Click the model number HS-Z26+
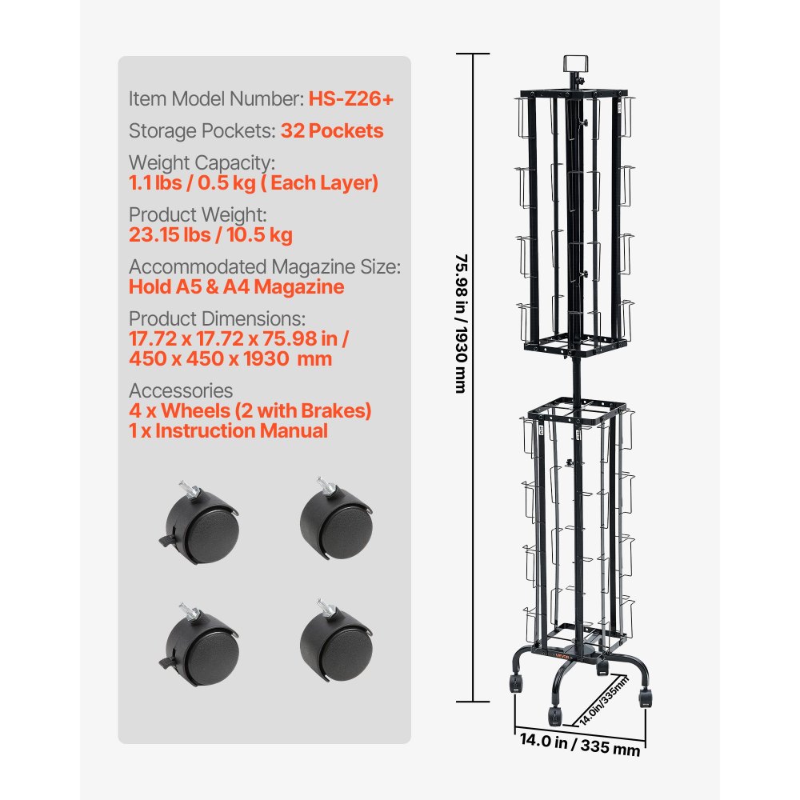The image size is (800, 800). point(350,99)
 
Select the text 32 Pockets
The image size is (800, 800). point(331,131)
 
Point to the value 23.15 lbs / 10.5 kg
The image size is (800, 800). point(210,235)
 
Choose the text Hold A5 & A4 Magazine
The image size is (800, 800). point(236,287)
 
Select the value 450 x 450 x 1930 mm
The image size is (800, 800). point(230,358)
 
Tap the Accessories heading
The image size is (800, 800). point(181,390)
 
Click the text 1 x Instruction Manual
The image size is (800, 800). point(228,430)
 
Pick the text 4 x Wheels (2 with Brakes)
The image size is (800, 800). point(250,410)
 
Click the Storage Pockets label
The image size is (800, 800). point(202,131)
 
